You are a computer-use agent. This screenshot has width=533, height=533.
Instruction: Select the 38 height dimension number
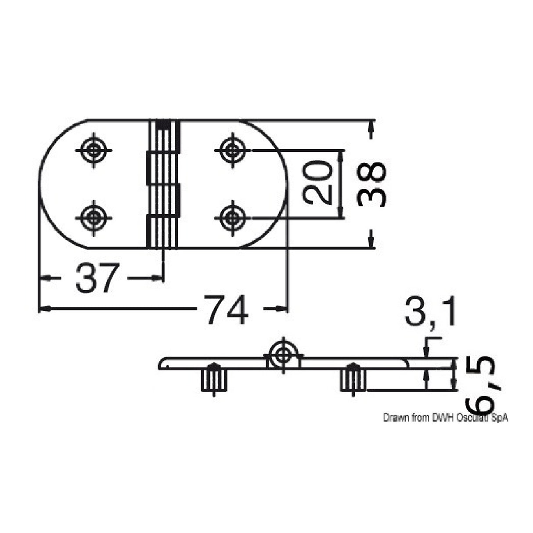(x=371, y=184)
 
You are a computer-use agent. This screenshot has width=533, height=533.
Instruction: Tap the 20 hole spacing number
(x=317, y=183)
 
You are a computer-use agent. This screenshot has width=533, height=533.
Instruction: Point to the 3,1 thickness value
(x=431, y=312)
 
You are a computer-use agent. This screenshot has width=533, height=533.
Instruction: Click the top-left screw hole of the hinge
(x=94, y=151)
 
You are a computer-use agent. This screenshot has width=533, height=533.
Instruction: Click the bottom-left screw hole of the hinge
(x=94, y=216)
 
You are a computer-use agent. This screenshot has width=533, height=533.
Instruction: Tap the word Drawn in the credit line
(x=393, y=418)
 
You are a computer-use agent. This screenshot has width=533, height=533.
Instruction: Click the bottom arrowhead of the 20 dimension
(x=341, y=214)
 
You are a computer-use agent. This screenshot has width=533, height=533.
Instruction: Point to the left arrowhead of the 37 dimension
(x=43, y=278)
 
